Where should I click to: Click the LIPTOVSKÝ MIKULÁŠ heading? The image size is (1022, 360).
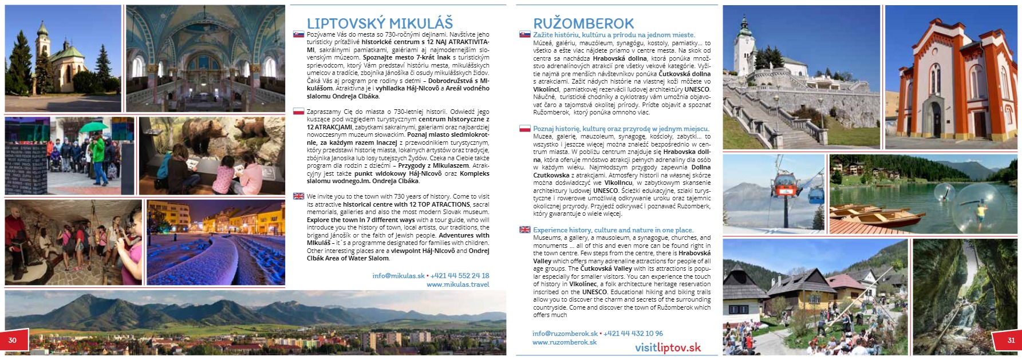click(380, 23)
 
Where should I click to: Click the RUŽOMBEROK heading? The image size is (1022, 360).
click(583, 23)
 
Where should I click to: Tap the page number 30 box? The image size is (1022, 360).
click(12, 340)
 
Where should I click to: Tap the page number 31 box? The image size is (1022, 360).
click(1011, 340)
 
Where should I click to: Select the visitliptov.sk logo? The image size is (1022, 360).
click(668, 347)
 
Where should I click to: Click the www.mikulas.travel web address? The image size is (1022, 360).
click(457, 284)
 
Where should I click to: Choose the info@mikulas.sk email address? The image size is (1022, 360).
click(398, 275)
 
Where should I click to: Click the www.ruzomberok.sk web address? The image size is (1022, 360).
click(564, 342)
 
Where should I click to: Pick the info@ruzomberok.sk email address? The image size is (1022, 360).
click(565, 333)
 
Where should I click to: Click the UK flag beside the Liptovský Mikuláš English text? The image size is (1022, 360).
click(298, 196)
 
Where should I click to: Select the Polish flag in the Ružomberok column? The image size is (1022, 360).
click(524, 129)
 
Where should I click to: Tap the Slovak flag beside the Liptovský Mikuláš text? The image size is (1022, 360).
click(298, 34)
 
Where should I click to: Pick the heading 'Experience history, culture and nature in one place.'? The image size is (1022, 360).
click(613, 230)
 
